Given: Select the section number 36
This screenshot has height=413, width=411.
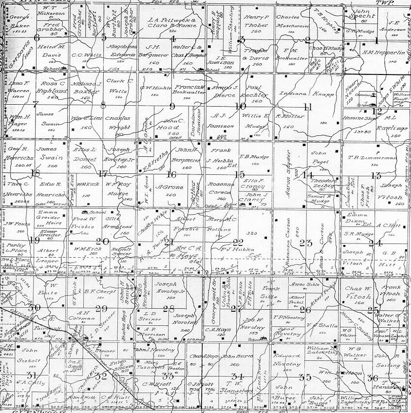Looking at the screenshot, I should (374, 378).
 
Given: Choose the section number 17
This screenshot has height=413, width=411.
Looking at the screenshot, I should (102, 173).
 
